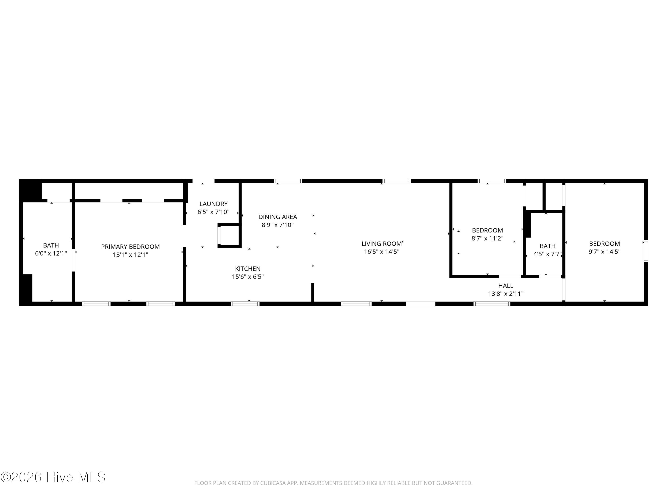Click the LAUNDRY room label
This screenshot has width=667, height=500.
pyautogui.click(x=213, y=204)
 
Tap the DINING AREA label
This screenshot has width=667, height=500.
pyautogui.click(x=278, y=217)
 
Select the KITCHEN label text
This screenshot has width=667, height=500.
pyautogui.click(x=248, y=268)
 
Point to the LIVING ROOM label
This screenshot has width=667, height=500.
pyautogui.click(x=382, y=244)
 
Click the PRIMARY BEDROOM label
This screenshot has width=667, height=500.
pyautogui.click(x=131, y=246)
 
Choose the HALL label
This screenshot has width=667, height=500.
pyautogui.click(x=506, y=285)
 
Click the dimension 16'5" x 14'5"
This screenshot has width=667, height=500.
pyautogui.click(x=382, y=252)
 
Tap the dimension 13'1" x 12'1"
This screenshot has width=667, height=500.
pyautogui.click(x=131, y=255)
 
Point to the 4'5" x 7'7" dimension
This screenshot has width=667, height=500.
pyautogui.click(x=548, y=254)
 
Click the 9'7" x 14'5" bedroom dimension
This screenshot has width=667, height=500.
pyautogui.click(x=605, y=252)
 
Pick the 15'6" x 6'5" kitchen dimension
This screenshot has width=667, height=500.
pyautogui.click(x=248, y=277)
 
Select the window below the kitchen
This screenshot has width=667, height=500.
pyautogui.click(x=245, y=304)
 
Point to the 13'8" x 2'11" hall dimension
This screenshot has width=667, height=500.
pyautogui.click(x=506, y=294)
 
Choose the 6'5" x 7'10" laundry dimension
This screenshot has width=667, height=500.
pyautogui.click(x=213, y=212)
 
